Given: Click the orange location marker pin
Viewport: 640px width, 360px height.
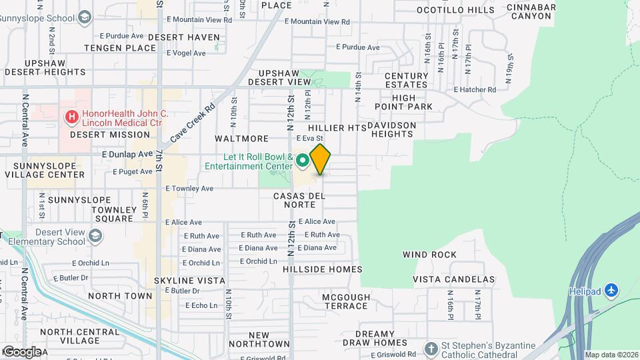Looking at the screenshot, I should [x=320, y=159].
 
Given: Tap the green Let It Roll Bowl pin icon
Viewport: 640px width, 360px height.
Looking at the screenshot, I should [x=302, y=160].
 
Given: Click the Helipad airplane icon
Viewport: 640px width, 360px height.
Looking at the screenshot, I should [x=613, y=291].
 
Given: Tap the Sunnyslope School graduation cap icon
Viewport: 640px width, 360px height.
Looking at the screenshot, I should [x=85, y=17].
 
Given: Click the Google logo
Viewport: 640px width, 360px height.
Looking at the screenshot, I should [x=21, y=351].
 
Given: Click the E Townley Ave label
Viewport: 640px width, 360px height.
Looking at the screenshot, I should [x=189, y=189].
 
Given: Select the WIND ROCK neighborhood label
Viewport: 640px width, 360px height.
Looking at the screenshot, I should [x=429, y=255].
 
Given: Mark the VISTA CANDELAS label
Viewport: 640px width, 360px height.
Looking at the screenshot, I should [x=453, y=279].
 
